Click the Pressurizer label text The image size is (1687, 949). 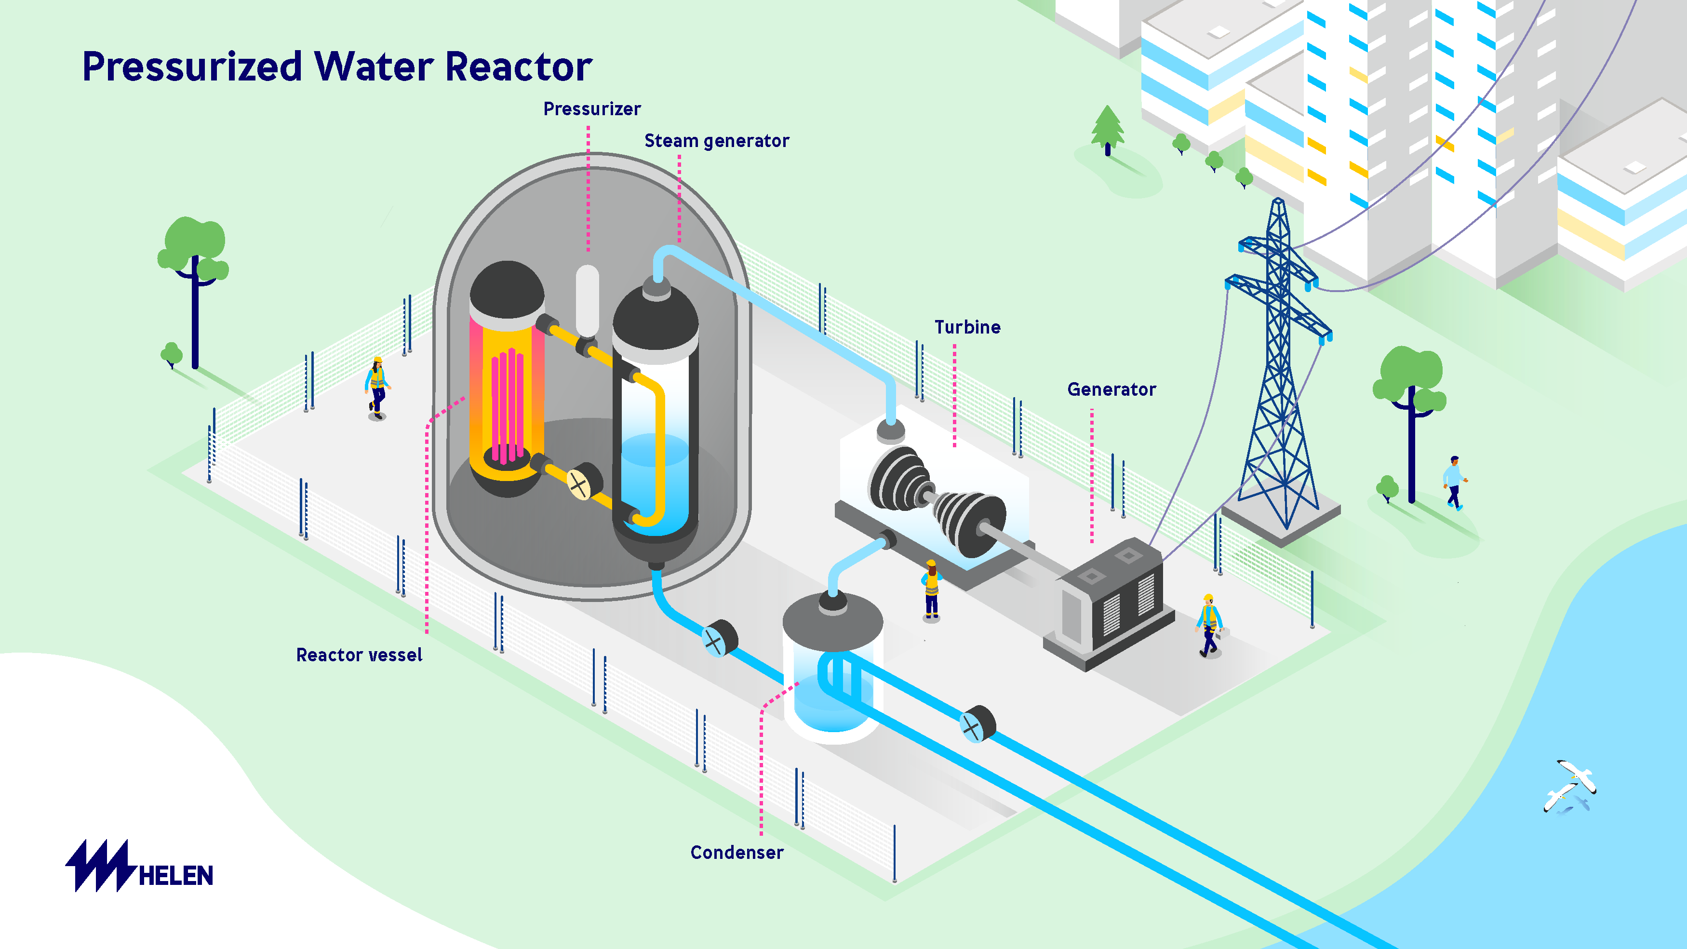pyautogui.click(x=591, y=109)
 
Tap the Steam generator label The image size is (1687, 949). pyautogui.click(x=716, y=141)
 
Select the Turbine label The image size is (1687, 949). pyautogui.click(x=967, y=327)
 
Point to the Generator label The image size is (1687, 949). pyautogui.click(x=1111, y=390)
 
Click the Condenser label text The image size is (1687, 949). pyautogui.click(x=737, y=852)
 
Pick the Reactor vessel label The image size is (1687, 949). pyautogui.click(x=359, y=655)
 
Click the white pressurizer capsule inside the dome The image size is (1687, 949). pyautogui.click(x=587, y=301)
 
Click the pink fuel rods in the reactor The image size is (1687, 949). pyautogui.click(x=508, y=406)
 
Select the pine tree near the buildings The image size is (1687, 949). pyautogui.click(x=1108, y=130)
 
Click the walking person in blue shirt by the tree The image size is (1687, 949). pyautogui.click(x=1454, y=482)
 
